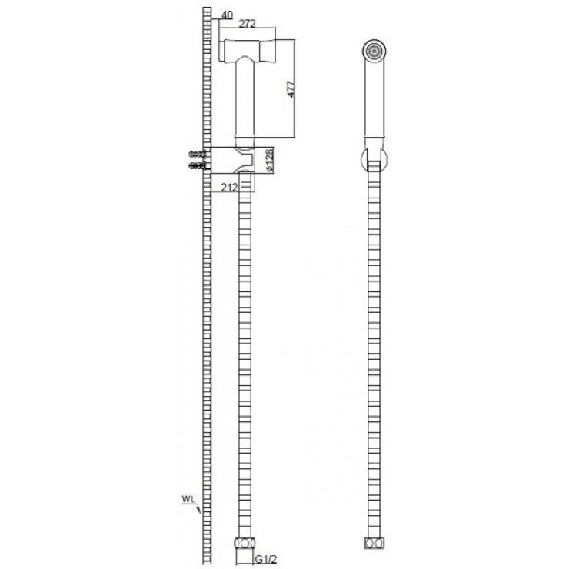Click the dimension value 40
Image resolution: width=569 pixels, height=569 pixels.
(x=227, y=15)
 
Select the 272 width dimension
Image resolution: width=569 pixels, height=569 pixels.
(x=247, y=24)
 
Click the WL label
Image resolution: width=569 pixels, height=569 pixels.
(x=188, y=498)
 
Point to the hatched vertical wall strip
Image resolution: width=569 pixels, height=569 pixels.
(x=206, y=308)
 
